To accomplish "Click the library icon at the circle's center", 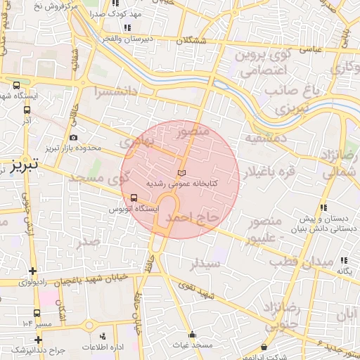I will [181, 173].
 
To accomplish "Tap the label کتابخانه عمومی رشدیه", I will [180, 184].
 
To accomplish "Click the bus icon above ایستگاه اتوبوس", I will [134, 198].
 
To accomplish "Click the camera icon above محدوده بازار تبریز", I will [75, 138].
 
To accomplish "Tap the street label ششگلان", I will [193, 41].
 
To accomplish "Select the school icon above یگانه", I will [344, 260].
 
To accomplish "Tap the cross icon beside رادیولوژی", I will [32, 271].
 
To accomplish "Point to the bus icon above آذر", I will [27, 109].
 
